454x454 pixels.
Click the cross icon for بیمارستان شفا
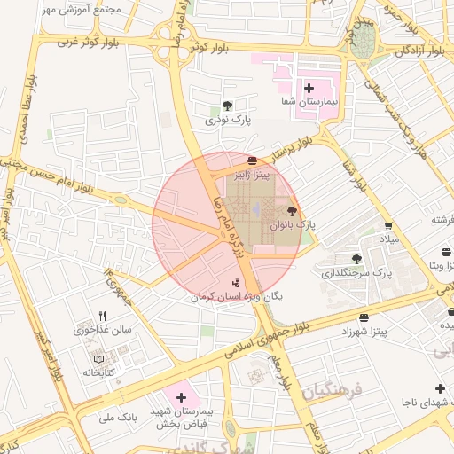click(x=309, y=88)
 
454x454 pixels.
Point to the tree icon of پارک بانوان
click(x=293, y=211)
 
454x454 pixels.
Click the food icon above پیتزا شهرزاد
click(x=364, y=317)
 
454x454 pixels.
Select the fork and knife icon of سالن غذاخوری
click(x=103, y=316)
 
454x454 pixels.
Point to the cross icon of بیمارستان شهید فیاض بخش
click(x=183, y=397)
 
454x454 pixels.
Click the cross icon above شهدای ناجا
click(x=440, y=389)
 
